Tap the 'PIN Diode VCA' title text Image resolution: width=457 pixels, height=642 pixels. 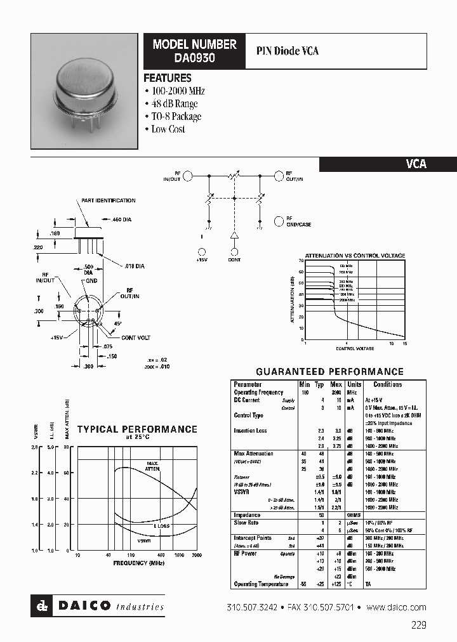[287, 51]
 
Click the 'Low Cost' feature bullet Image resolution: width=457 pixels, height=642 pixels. [168, 129]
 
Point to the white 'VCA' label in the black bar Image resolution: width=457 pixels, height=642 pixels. [416, 164]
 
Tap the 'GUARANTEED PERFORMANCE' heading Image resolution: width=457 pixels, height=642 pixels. [329, 372]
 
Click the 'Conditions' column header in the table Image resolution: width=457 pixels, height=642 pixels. [387, 384]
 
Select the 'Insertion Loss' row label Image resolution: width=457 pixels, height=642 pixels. [250, 431]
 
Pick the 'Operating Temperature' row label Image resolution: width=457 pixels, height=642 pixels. [262, 584]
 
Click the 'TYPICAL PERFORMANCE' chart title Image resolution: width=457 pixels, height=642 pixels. [137, 429]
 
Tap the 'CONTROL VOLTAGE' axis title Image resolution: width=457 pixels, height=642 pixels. [354, 348]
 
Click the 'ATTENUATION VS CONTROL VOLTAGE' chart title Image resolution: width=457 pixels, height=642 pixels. [355, 255]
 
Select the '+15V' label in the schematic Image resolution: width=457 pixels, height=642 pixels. [202, 259]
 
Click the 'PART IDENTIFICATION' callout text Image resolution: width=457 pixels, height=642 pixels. [108, 200]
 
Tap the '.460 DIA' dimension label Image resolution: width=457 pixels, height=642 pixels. [121, 219]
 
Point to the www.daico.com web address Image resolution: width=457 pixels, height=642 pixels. [396, 607]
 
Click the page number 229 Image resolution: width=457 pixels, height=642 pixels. [418, 625]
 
